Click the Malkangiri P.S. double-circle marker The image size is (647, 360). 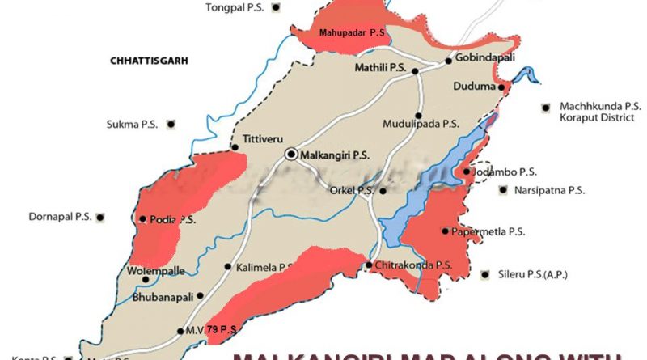point(290,154)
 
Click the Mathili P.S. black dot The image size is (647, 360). point(416,71)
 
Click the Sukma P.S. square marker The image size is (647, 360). point(171,124)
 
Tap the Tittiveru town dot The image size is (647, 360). point(234,148)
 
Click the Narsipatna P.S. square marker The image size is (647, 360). point(503,191)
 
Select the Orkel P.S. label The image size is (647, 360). point(353,191)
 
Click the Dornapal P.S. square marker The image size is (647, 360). point(100,217)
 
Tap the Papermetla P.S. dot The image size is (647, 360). point(445,231)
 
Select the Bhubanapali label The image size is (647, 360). point(163,297)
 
